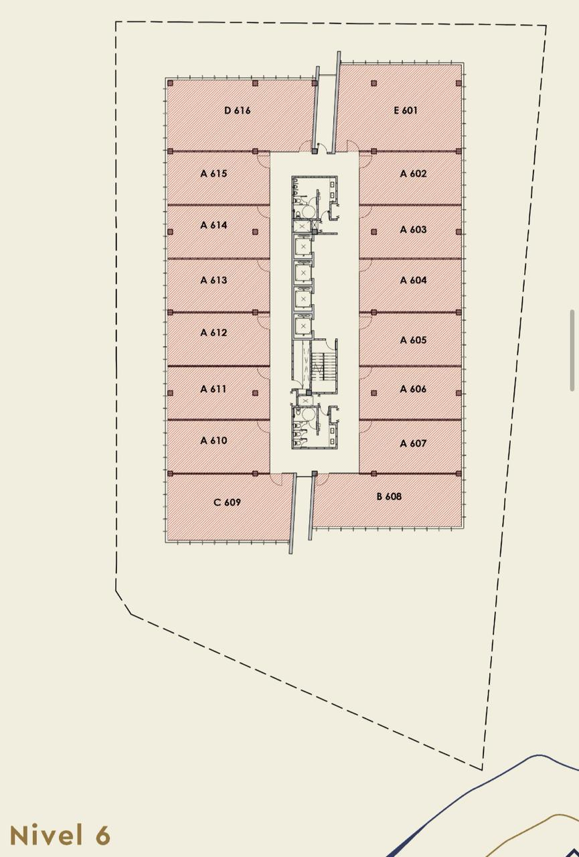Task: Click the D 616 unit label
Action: (237, 110)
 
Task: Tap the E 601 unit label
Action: (406, 110)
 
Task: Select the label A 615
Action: (214, 173)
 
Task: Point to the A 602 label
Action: (413, 173)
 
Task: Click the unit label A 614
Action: (214, 225)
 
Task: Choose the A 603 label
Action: (413, 230)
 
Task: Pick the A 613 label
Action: (214, 280)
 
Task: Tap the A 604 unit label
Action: (413, 280)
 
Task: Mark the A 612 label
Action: (214, 333)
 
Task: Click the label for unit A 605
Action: (413, 339)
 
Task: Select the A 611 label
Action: (214, 389)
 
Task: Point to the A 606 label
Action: (413, 389)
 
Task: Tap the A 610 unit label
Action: (214, 441)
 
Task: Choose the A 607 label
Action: (413, 443)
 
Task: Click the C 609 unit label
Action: (227, 502)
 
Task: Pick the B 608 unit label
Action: (389, 496)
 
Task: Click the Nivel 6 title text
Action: (60, 835)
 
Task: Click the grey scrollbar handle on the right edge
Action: (572, 350)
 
